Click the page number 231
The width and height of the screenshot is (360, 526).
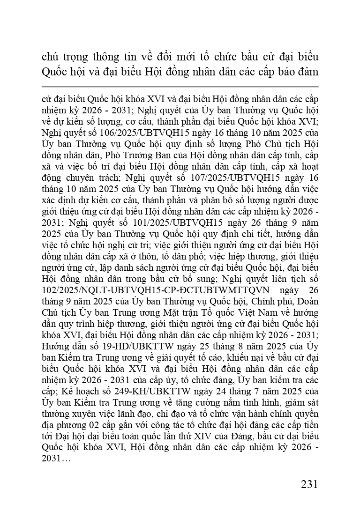pos(309,483)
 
